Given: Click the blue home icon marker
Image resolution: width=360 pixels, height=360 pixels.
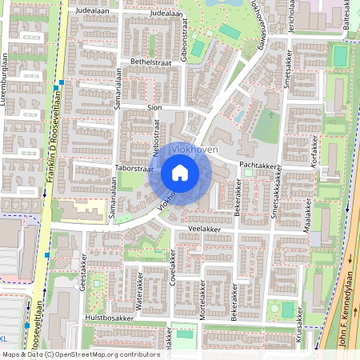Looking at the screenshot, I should click(x=180, y=173).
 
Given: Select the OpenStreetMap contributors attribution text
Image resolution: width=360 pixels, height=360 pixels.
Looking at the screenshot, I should click(x=80, y=354).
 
